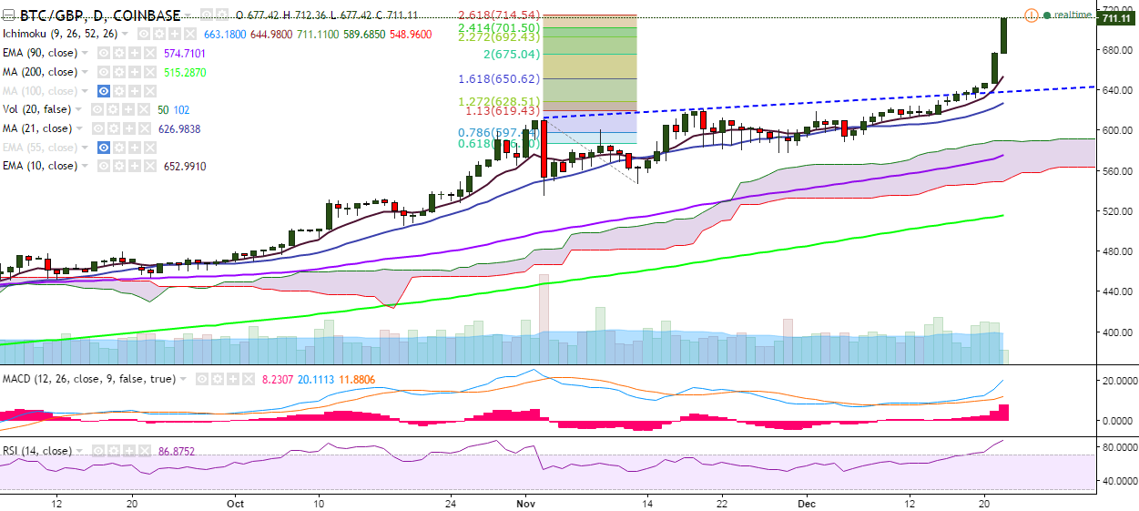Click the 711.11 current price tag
[x=1118, y=18]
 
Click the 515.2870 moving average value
[x=185, y=72]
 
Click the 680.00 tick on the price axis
[x=1116, y=50]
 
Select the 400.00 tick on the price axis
[x=1116, y=332]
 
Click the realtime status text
[x=1073, y=15]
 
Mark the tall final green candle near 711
[x=1003, y=36]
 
